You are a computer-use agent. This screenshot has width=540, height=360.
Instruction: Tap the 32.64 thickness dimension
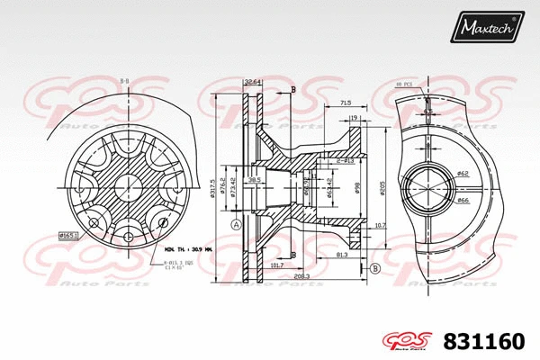[x=252, y=83]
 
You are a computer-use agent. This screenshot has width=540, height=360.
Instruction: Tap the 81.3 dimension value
[x=343, y=255]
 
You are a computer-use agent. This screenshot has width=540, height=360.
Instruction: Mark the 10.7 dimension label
[x=380, y=225]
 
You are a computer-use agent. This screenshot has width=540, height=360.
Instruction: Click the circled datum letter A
[x=236, y=224]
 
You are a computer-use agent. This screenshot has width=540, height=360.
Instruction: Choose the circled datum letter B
[x=374, y=268]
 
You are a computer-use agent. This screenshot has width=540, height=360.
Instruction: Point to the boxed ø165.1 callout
[x=68, y=235]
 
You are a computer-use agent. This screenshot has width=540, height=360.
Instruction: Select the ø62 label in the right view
[x=463, y=173]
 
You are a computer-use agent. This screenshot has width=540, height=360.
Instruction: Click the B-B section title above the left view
[x=123, y=81]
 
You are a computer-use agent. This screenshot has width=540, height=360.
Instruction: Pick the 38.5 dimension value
[x=255, y=180]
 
